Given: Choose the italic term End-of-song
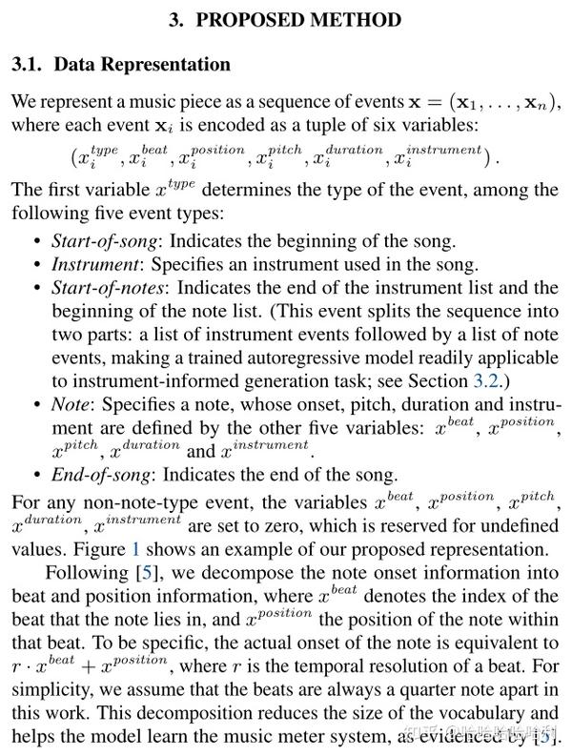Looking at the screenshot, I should pyautogui.click(x=96, y=474).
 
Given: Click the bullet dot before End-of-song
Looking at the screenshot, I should pyautogui.click(x=36, y=474).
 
